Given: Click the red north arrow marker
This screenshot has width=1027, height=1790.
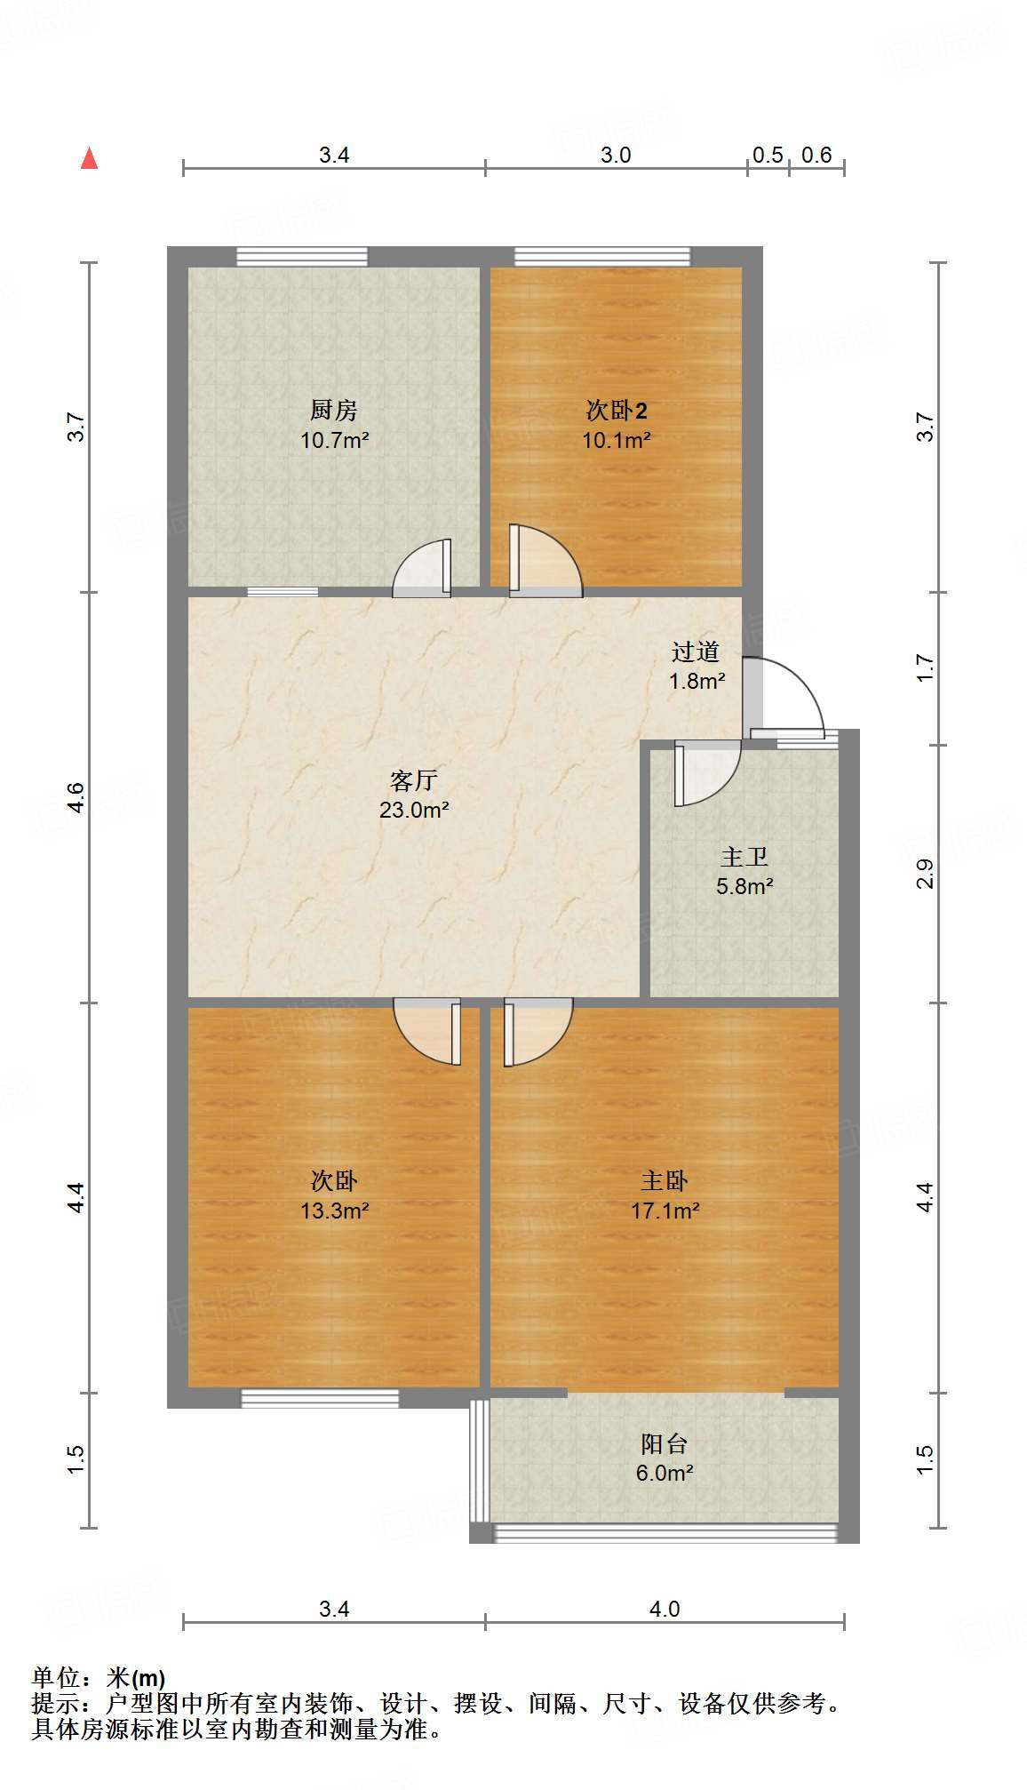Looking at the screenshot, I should pyautogui.click(x=89, y=158).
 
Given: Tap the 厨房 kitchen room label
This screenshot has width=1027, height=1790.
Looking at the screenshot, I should pyautogui.click(x=334, y=410).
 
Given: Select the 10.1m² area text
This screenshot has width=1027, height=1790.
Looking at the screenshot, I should pyautogui.click(x=617, y=440).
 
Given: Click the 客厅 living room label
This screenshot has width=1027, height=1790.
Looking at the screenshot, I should pyautogui.click(x=414, y=780).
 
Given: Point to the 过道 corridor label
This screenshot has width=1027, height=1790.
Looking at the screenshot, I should pyautogui.click(x=695, y=652).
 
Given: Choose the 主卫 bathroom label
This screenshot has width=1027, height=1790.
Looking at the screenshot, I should pyautogui.click(x=744, y=857).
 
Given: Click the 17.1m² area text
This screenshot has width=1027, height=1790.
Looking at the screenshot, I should pyautogui.click(x=665, y=1211).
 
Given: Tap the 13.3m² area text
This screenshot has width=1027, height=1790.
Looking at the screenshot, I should pyautogui.click(x=335, y=1211).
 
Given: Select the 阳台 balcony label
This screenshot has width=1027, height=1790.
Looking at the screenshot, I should pyautogui.click(x=665, y=1443).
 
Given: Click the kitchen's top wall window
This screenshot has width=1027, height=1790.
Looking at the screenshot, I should pyautogui.click(x=302, y=257).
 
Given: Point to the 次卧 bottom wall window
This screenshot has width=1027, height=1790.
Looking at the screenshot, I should pyautogui.click(x=320, y=1398).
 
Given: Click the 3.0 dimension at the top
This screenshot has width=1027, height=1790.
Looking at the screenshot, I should pyautogui.click(x=616, y=156).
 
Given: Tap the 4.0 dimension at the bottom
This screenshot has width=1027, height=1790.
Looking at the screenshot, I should pyautogui.click(x=665, y=1610).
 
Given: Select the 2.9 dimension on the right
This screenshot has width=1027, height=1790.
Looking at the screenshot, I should pyautogui.click(x=926, y=874).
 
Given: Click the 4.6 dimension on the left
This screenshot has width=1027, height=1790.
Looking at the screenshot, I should pyautogui.click(x=76, y=796).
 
